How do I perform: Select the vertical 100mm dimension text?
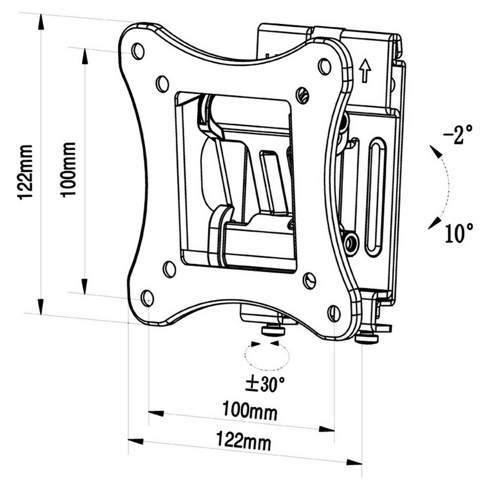pyautogui.click(x=69, y=169)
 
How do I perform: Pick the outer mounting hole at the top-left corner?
pyautogui.click(x=138, y=50)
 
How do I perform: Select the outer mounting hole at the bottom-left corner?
pyautogui.click(x=147, y=297)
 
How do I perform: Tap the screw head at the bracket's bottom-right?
pyautogui.click(x=367, y=338)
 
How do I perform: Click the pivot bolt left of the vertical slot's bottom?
pyautogui.click(x=350, y=243)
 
